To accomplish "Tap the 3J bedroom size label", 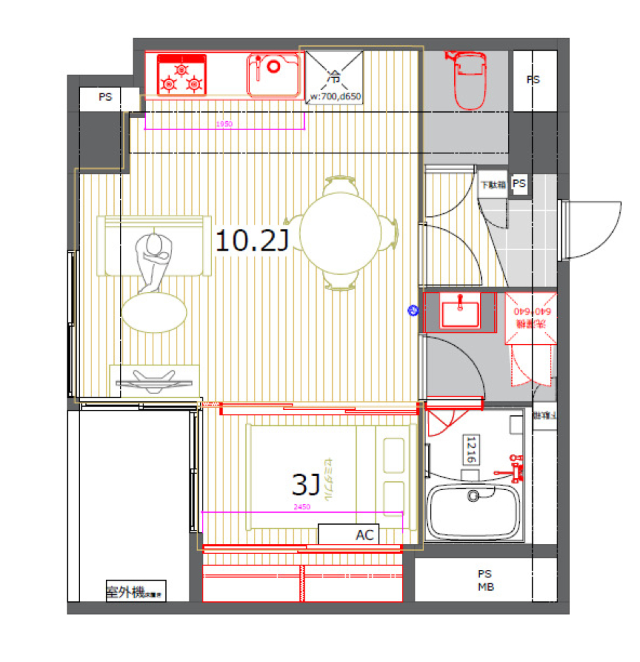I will tap(306, 485).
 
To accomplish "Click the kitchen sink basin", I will tap(274, 75).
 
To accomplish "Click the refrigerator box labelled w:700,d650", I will tap(334, 77).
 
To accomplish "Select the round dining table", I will tap(341, 233).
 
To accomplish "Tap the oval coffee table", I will tap(154, 311).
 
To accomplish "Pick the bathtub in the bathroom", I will tap(475, 509).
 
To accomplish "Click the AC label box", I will tap(349, 535).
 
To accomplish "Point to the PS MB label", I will tap(484, 580).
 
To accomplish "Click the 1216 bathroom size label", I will tap(471, 450).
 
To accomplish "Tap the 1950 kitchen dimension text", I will tap(224, 125).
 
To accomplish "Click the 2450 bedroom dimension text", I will tap(302, 507).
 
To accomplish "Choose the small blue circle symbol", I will tap(413, 310).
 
